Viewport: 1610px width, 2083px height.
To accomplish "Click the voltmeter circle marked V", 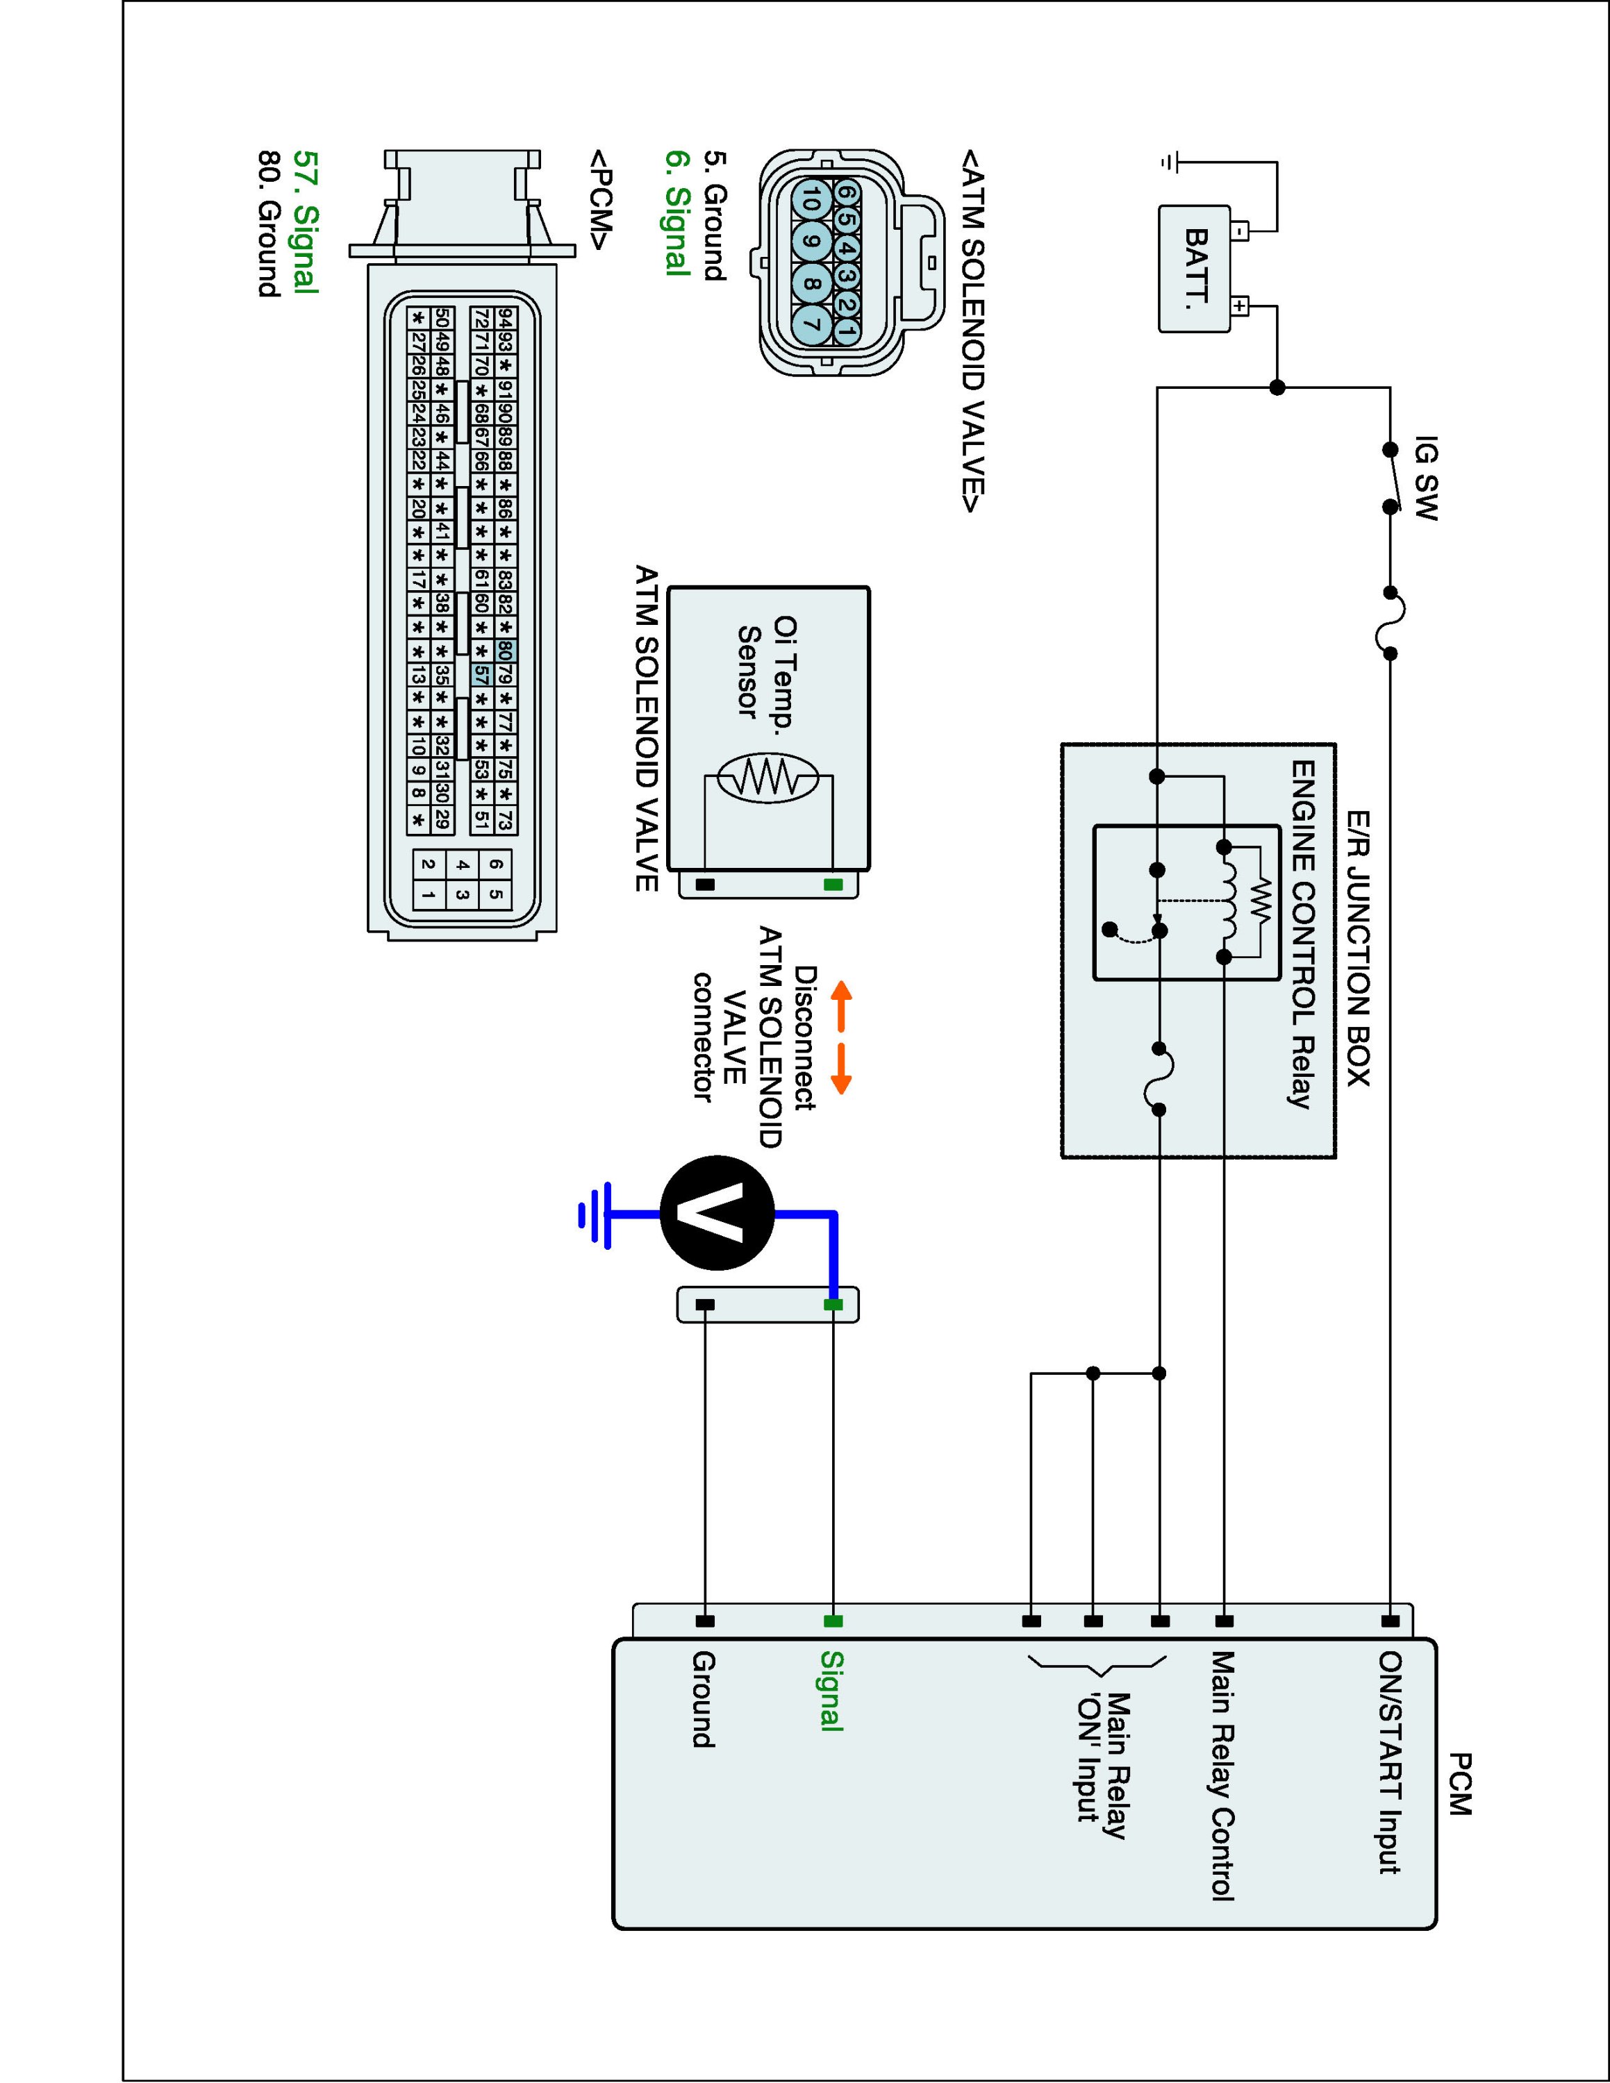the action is click(717, 1214).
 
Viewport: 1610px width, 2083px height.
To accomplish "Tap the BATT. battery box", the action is click(1194, 269).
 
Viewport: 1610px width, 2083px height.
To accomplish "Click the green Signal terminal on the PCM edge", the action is click(833, 1621).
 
